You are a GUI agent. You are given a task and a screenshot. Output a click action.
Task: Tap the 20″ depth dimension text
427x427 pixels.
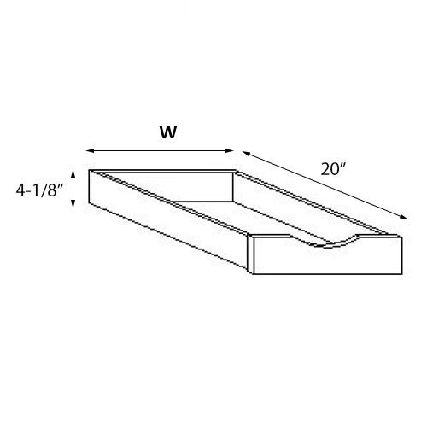(333, 169)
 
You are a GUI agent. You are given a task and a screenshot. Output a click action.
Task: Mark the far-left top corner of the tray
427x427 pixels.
(89, 170)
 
